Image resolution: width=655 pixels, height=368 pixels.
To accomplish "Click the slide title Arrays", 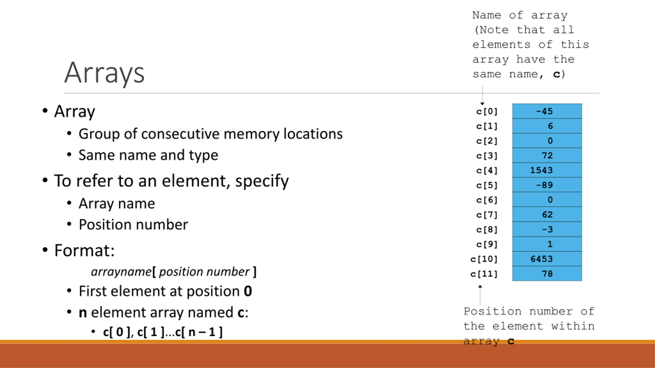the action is tap(104, 73).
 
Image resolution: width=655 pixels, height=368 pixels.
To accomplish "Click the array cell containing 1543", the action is tap(547, 170).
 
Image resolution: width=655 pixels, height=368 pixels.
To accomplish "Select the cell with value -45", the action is tap(547, 111).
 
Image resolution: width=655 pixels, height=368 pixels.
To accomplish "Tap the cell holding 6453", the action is tap(547, 259).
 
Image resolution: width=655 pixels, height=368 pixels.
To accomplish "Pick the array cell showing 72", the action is tap(547, 155).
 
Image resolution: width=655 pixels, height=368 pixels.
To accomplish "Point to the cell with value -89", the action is tap(547, 185).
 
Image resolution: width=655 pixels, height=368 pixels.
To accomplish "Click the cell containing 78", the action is tap(547, 273).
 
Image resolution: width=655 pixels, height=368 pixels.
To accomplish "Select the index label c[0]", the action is tap(487, 111).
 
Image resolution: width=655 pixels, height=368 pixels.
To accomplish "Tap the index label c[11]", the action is tap(484, 274).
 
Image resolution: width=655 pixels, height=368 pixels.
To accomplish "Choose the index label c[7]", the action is tap(487, 215).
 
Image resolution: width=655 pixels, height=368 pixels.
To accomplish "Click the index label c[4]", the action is tap(487, 170).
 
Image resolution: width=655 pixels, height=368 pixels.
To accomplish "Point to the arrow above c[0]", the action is tap(482, 95).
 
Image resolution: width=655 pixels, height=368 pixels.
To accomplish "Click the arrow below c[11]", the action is tap(480, 294).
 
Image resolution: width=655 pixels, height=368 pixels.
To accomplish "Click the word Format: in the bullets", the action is tap(84, 250).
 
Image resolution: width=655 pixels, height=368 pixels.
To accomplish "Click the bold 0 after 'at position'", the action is tap(248, 291).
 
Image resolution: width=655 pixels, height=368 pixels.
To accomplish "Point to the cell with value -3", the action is tap(547, 229).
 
